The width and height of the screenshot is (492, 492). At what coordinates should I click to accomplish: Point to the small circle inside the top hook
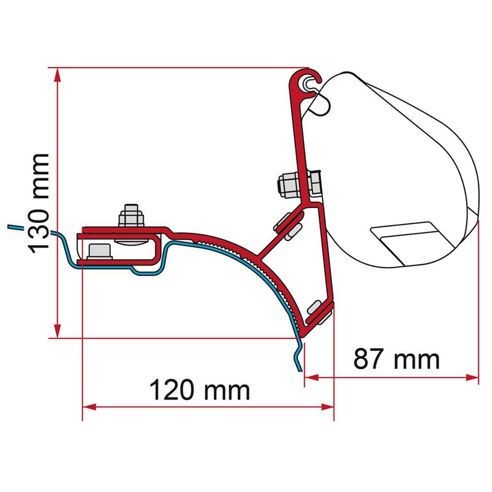pyautogui.click(x=308, y=82)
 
